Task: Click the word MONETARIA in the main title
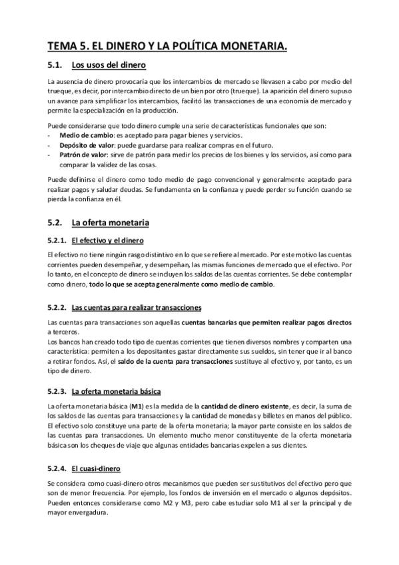tap(249, 45)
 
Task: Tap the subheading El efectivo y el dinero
tap(107, 240)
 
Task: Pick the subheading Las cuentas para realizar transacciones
tap(137, 307)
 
